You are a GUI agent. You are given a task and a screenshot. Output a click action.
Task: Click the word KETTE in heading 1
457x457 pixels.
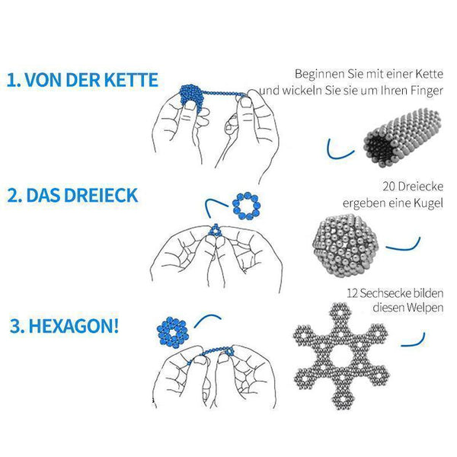131,80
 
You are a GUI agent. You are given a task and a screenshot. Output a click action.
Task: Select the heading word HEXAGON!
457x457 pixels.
74,326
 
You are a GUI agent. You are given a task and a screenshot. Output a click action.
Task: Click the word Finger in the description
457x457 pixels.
427,91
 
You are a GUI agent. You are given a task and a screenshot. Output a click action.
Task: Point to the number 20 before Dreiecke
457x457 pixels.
388,187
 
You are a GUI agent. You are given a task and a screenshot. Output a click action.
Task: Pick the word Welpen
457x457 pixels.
425,308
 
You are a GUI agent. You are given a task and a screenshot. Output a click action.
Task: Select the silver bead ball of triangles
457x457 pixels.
345,246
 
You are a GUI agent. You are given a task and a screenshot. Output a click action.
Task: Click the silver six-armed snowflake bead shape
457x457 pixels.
341,356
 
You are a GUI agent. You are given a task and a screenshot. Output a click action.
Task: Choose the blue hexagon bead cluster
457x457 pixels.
173,332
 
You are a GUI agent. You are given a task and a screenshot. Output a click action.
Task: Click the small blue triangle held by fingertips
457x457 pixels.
216,230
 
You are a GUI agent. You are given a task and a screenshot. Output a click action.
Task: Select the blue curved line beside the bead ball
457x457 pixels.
406,248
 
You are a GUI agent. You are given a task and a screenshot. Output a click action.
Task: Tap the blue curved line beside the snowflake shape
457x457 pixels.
415,344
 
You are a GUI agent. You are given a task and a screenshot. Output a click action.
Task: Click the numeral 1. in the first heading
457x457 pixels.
14,81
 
